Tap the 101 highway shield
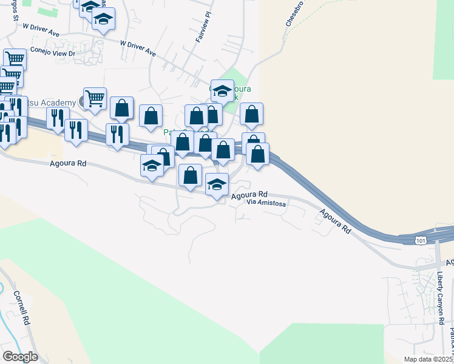coord(421,241)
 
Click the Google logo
coord(19,356)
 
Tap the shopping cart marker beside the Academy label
coord(95,98)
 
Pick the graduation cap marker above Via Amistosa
coord(217,184)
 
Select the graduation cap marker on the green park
coord(222,91)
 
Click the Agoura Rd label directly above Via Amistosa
coord(249,195)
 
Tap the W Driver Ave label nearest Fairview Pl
coord(138,49)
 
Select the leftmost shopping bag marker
coord(121,107)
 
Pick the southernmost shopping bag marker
coord(191,175)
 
